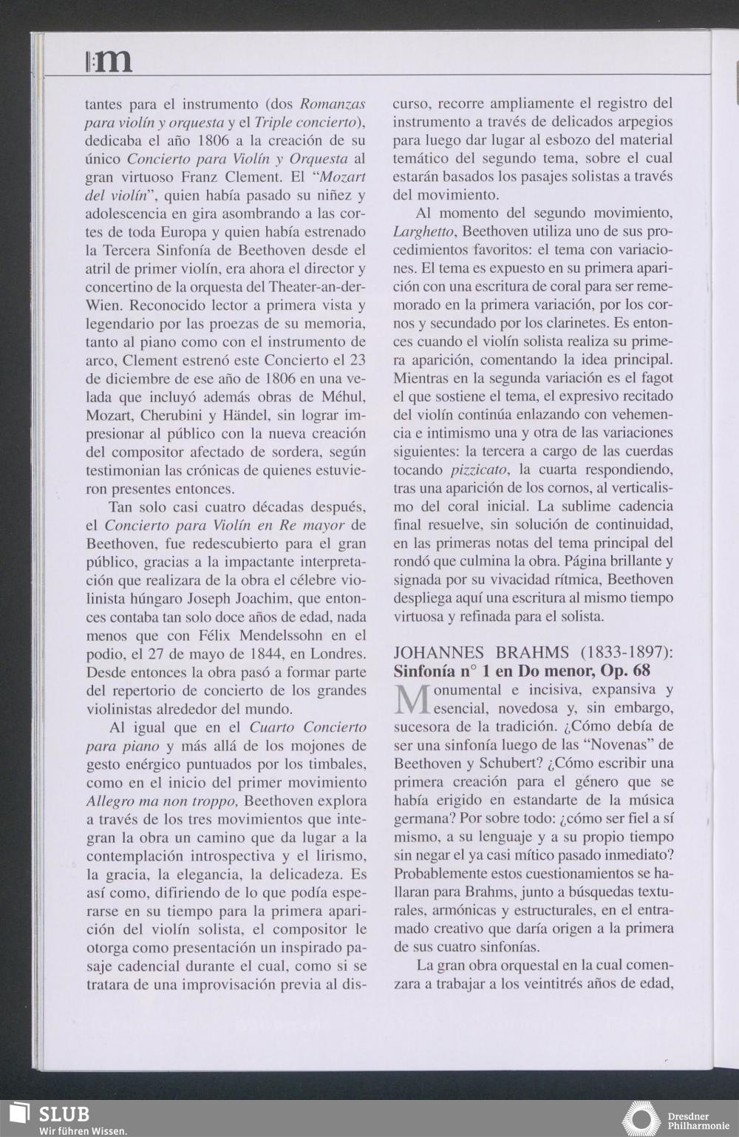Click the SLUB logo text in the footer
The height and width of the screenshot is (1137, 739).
[64, 1113]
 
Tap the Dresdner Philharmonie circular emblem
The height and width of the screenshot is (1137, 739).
[641, 1119]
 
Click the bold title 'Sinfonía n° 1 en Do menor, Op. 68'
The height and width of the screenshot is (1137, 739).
[522, 671]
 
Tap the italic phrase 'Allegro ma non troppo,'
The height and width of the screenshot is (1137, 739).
[162, 801]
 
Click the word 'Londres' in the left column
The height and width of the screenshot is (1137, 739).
[334, 654]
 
